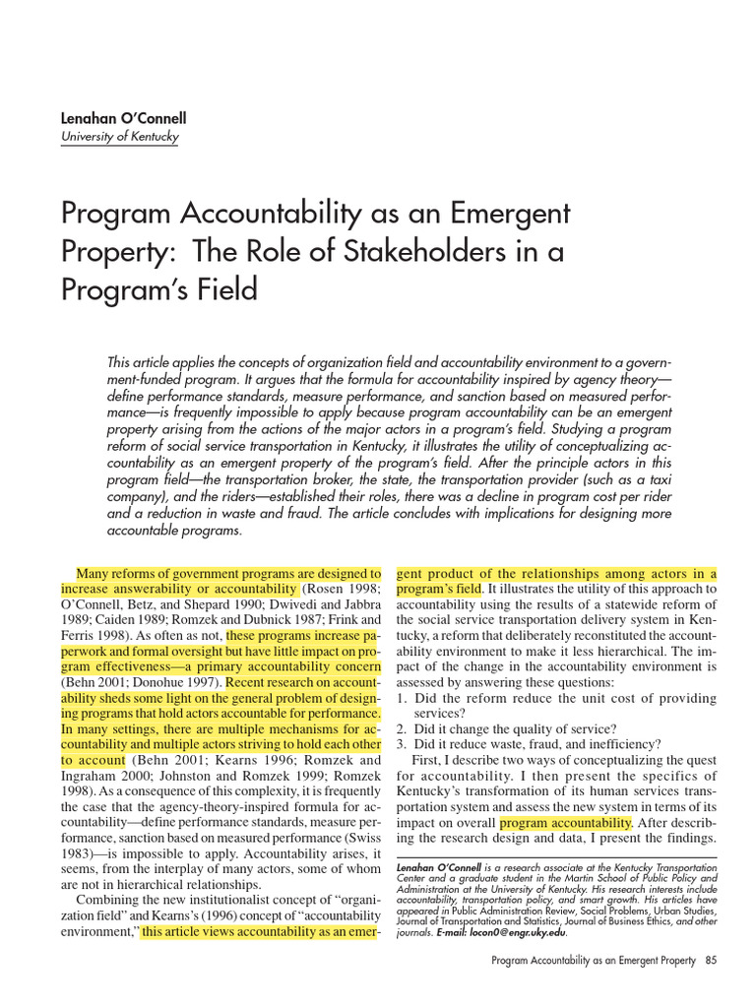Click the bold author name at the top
coord(123,118)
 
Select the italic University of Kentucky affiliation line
coord(120,137)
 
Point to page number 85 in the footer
coord(711,961)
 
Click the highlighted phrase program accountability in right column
coord(565,823)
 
